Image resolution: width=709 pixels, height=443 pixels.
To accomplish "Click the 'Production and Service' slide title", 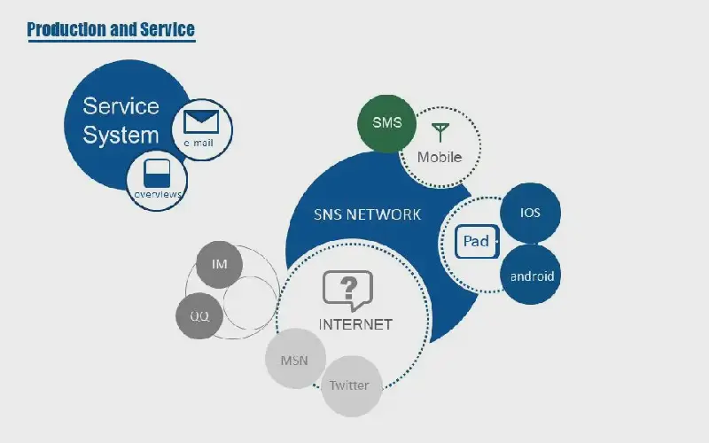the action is pyautogui.click(x=111, y=29).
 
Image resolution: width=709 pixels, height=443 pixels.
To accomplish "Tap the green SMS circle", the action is pyautogui.click(x=386, y=123).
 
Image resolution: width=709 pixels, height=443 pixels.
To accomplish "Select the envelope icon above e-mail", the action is pyautogui.click(x=201, y=121).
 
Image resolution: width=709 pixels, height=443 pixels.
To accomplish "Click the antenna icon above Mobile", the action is pyautogui.click(x=440, y=132).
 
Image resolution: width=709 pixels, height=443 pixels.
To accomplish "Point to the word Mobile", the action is pyautogui.click(x=440, y=158).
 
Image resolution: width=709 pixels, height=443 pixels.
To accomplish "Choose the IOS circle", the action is pyautogui.click(x=530, y=213).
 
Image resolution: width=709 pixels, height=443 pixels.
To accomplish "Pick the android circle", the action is pyautogui.click(x=530, y=275).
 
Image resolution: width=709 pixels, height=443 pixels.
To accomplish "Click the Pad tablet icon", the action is pyautogui.click(x=477, y=241).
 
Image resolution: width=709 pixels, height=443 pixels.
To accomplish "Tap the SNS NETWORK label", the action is pyautogui.click(x=367, y=214).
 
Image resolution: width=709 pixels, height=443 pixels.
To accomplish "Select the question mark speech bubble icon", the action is pyautogui.click(x=347, y=291).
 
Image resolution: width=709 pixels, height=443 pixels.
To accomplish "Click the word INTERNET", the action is pyautogui.click(x=355, y=324).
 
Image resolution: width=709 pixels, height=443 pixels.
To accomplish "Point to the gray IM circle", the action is pyautogui.click(x=219, y=264).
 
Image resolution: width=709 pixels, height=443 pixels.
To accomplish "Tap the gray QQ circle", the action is pyautogui.click(x=199, y=316).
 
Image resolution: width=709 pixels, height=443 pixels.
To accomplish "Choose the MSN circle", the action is pyautogui.click(x=295, y=359).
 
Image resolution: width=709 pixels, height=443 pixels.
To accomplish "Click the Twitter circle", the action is pyautogui.click(x=351, y=386).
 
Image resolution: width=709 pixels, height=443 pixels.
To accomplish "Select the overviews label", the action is pyautogui.click(x=158, y=194).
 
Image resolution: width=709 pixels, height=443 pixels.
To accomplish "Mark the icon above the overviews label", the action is pyautogui.click(x=157, y=173).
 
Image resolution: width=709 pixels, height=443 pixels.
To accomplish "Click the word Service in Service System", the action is pyautogui.click(x=121, y=106).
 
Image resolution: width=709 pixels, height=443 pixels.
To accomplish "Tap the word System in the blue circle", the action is pyautogui.click(x=121, y=136).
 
